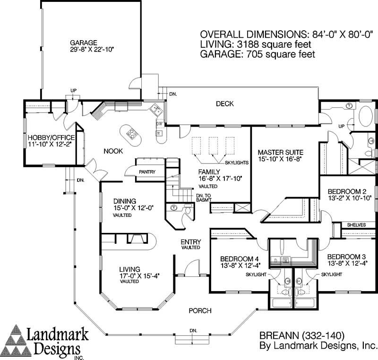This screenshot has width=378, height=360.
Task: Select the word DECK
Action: click(225, 104)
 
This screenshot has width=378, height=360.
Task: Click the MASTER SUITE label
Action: click(280, 152)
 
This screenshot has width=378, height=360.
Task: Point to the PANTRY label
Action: click(147, 172)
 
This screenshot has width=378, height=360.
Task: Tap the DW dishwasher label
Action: click(159, 124)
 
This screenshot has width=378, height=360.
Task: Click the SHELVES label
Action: click(357, 225)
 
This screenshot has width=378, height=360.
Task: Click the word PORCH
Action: click(200, 310)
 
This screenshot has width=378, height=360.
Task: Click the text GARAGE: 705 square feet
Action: click(258, 54)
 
